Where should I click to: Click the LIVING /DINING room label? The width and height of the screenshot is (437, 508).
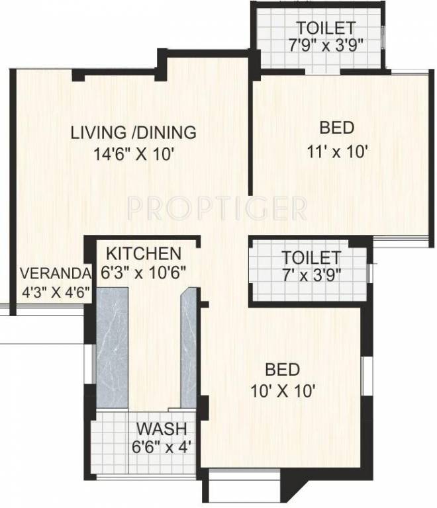[x=133, y=132]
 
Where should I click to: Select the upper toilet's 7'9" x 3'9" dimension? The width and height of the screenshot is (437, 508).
[x=325, y=46]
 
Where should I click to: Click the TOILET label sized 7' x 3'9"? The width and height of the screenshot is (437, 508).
[x=311, y=257]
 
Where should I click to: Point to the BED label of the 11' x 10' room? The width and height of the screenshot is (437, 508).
[x=336, y=128]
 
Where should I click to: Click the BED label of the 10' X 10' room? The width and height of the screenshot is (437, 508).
[x=282, y=368]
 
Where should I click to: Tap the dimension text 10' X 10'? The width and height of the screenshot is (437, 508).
[x=282, y=390]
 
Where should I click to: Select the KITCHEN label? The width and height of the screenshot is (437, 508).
[x=144, y=253]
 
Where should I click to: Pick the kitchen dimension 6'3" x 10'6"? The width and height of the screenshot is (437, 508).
[x=144, y=271]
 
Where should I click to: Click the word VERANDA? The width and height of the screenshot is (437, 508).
[x=54, y=273]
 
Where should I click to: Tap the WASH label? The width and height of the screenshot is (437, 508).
[x=162, y=428]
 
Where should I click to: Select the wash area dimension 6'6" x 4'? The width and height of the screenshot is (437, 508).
[x=162, y=445]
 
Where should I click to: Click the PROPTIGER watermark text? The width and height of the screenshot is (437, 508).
[x=217, y=208]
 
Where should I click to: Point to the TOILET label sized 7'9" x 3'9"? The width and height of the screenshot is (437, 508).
[x=325, y=28]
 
